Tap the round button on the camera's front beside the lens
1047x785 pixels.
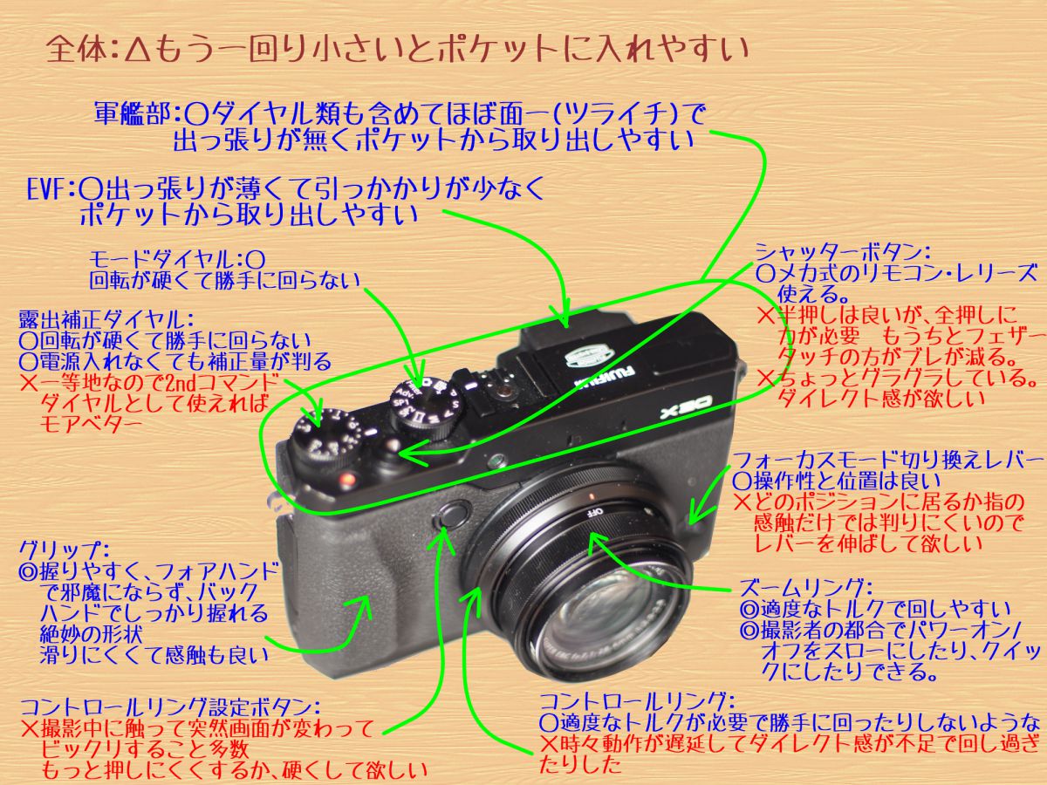pos(448,515)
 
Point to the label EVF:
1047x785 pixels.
pos(53,188)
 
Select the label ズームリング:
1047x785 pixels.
pos(803,587)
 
